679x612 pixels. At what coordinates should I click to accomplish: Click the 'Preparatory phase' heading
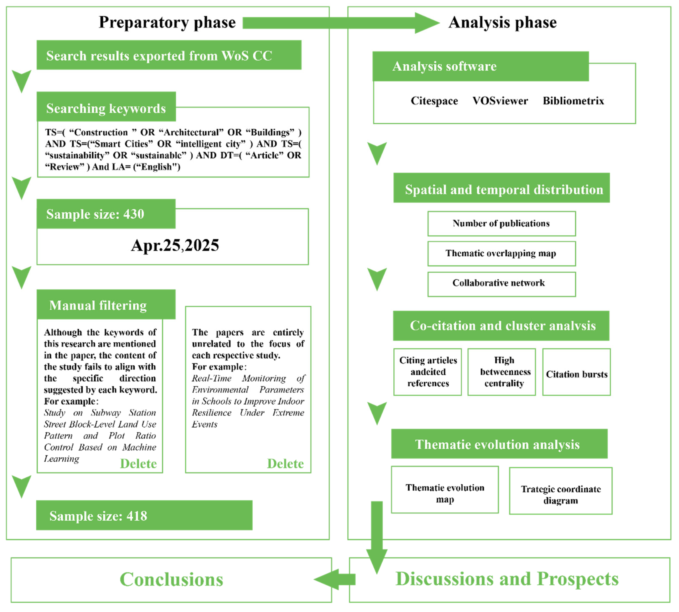click(167, 22)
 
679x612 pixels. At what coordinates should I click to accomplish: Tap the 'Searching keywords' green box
click(106, 108)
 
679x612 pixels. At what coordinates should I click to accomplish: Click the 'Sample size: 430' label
click(95, 214)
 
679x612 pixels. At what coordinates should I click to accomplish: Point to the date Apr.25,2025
click(175, 245)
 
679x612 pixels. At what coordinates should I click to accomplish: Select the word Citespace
click(434, 101)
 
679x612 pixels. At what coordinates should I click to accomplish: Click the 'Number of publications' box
click(501, 224)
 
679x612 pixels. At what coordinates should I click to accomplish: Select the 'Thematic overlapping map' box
click(501, 253)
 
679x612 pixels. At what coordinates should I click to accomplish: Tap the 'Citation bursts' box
click(576, 374)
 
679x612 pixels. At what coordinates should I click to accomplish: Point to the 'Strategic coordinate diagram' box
click(560, 494)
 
